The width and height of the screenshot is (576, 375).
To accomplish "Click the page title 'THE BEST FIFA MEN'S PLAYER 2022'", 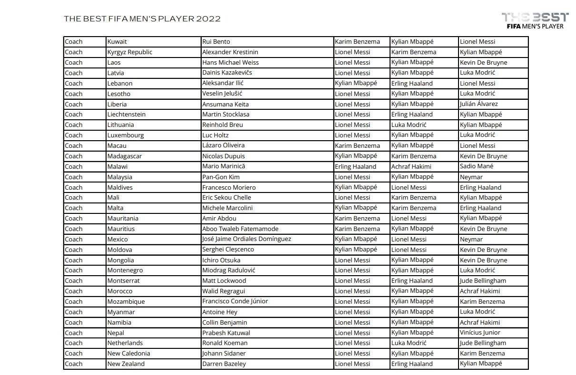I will click(142, 19).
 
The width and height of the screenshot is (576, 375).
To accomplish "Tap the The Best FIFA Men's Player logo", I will click(535, 21).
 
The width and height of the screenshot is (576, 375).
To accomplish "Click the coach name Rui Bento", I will click(216, 42).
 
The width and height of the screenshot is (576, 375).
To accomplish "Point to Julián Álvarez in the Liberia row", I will click(479, 104).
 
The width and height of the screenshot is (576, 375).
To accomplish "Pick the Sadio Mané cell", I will click(477, 166).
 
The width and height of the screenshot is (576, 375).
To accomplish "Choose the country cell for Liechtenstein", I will click(127, 115).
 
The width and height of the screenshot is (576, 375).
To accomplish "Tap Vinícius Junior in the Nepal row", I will click(480, 333).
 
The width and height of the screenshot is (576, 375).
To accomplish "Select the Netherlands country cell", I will click(125, 343).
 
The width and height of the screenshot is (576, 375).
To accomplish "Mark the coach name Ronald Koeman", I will click(225, 343).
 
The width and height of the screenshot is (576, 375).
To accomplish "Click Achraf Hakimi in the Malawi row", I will click(411, 166).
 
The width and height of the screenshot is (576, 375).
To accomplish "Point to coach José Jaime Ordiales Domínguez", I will click(246, 239).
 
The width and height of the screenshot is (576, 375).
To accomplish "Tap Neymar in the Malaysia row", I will click(471, 177).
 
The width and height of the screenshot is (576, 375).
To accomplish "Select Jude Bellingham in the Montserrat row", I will click(483, 281).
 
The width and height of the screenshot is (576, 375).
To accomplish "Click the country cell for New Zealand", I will click(126, 364).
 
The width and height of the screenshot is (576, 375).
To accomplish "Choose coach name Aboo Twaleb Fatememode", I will click(240, 229).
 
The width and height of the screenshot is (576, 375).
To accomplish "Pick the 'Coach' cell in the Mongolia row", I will click(74, 260).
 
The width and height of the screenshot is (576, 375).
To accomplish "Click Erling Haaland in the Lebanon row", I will click(412, 83).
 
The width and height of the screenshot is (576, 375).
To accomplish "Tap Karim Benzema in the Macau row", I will click(357, 145).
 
